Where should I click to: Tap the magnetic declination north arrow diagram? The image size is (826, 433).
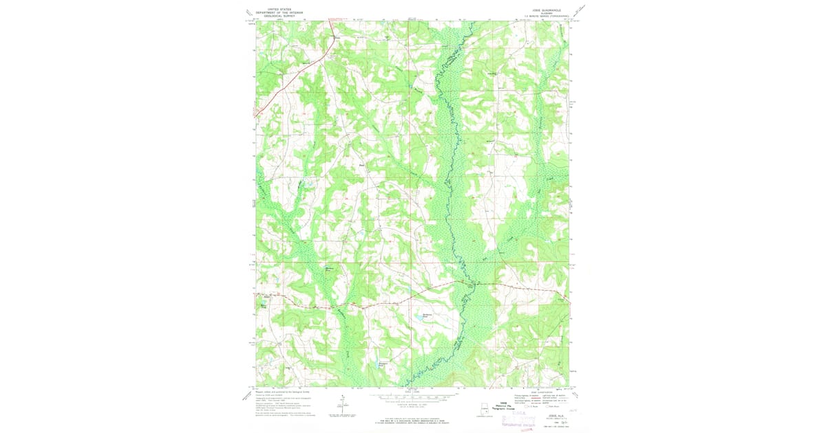tap(341, 404)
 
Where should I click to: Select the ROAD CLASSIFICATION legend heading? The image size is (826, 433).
tap(543, 392)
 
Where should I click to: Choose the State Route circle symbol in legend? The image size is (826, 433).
tap(547, 406)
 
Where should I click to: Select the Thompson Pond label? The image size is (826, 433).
tap(384, 364)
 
